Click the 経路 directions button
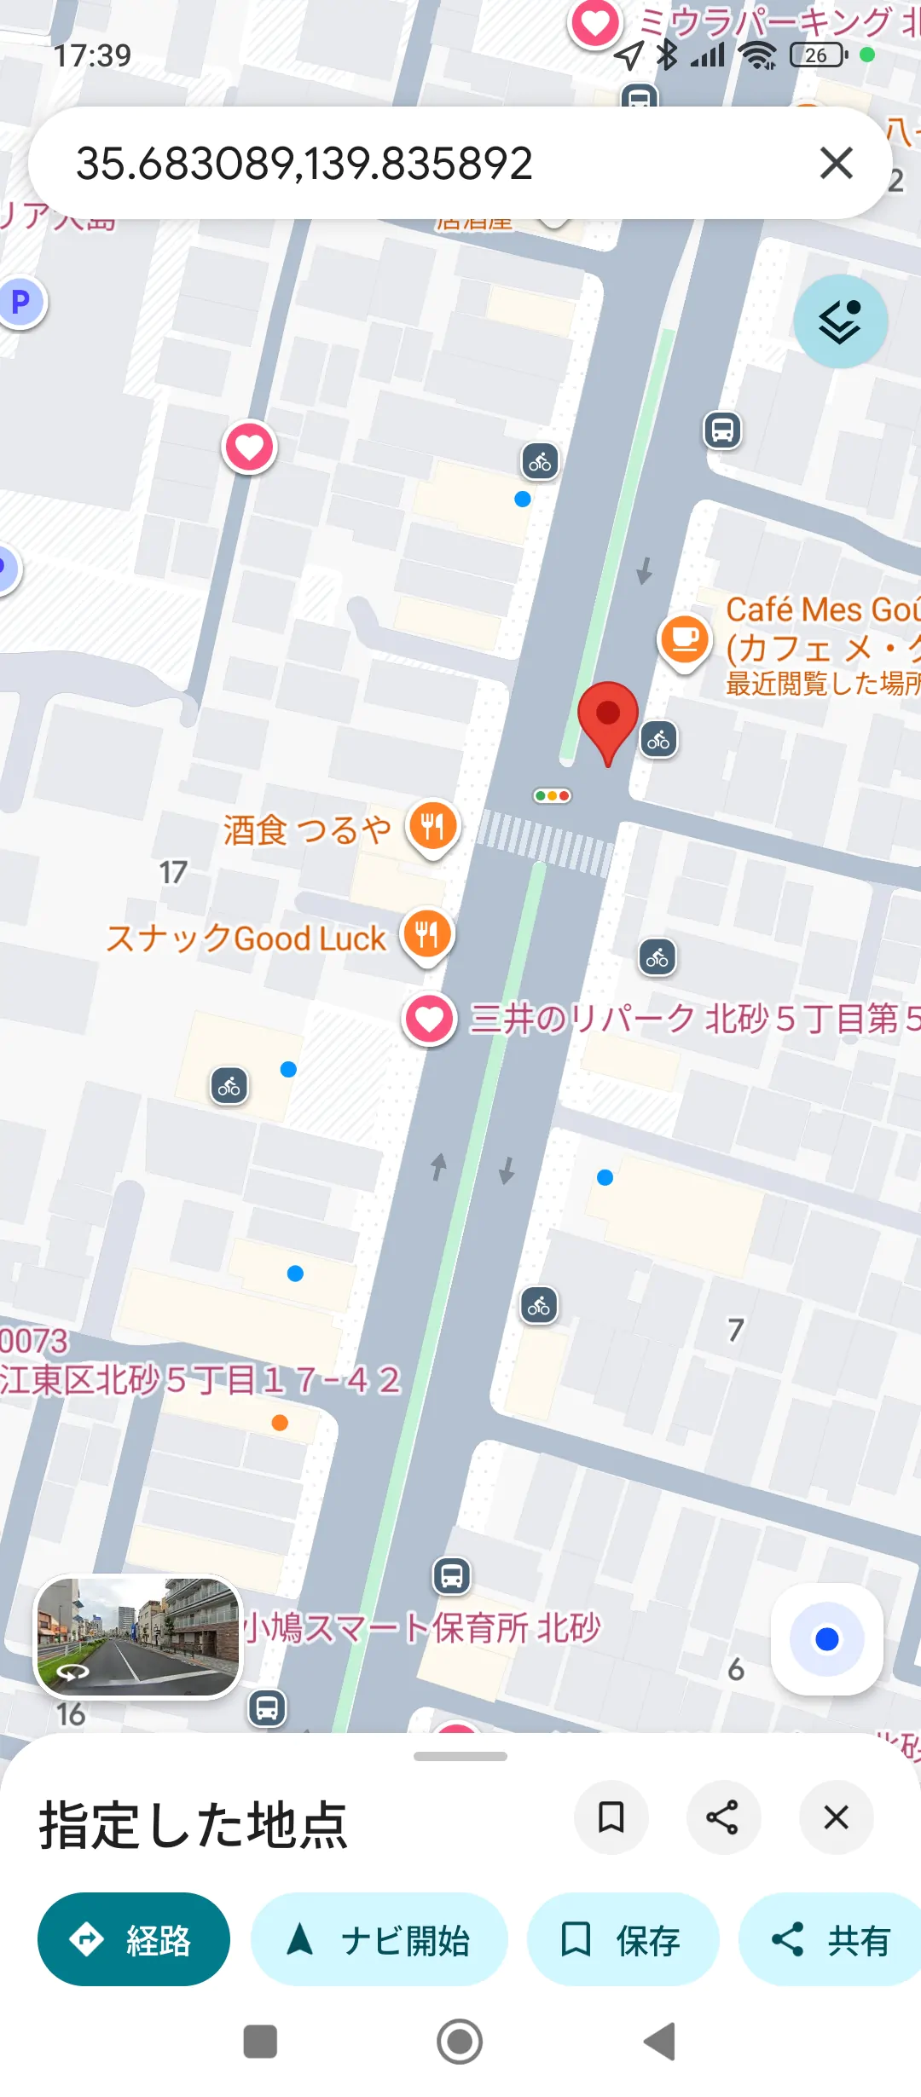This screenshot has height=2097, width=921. (x=134, y=1939)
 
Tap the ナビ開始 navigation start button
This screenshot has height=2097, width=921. (x=379, y=1939)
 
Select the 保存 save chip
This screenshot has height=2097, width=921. (x=623, y=1939)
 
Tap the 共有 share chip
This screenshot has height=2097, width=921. (x=831, y=1939)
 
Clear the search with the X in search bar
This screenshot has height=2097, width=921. (x=836, y=163)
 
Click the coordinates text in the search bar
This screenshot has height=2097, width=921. (x=304, y=163)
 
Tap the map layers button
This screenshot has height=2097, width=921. (x=840, y=321)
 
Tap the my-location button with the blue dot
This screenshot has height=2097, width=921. (x=826, y=1639)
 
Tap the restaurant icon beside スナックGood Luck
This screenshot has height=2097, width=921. (x=427, y=935)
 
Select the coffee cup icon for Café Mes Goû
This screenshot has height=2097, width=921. (x=685, y=639)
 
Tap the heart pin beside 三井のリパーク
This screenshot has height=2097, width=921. (x=429, y=1019)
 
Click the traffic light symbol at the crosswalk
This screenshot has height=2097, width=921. (x=552, y=795)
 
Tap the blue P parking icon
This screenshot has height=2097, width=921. (x=20, y=301)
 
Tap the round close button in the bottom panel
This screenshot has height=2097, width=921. (x=836, y=1817)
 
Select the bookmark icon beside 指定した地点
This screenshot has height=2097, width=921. (x=611, y=1817)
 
